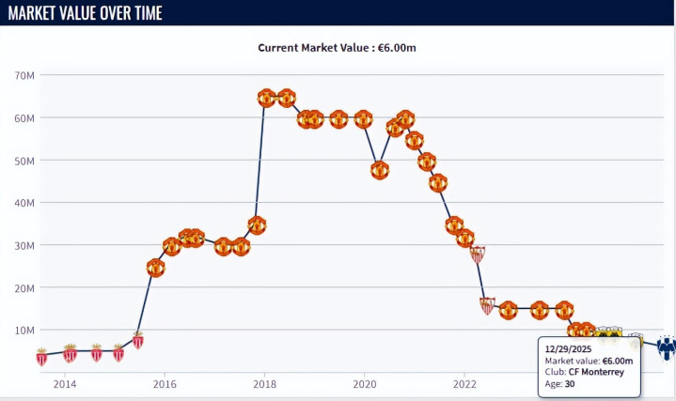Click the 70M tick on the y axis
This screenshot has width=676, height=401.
[x=24, y=75]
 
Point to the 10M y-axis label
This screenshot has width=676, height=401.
[x=24, y=330]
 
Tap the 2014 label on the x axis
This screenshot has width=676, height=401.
[x=65, y=383]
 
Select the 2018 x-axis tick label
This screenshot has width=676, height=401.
[x=264, y=383]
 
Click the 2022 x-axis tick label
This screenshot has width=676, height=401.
[x=464, y=383]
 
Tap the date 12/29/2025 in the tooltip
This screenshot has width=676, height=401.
[x=569, y=348]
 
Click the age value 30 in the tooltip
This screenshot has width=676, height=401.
[x=570, y=383]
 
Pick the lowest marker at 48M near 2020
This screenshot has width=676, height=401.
[x=380, y=170]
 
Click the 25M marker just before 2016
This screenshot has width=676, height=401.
[x=155, y=268]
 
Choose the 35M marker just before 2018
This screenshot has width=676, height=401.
[x=257, y=225]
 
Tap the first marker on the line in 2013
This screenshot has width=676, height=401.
[x=41, y=356]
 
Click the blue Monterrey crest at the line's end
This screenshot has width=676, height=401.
[x=666, y=348]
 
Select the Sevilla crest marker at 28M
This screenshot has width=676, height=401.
[x=478, y=254]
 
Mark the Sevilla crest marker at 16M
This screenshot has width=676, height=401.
[x=487, y=305]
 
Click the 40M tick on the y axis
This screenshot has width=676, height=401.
[x=24, y=203]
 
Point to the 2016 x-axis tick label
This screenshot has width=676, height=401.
[x=165, y=383]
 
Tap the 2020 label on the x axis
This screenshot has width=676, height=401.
[x=365, y=383]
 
